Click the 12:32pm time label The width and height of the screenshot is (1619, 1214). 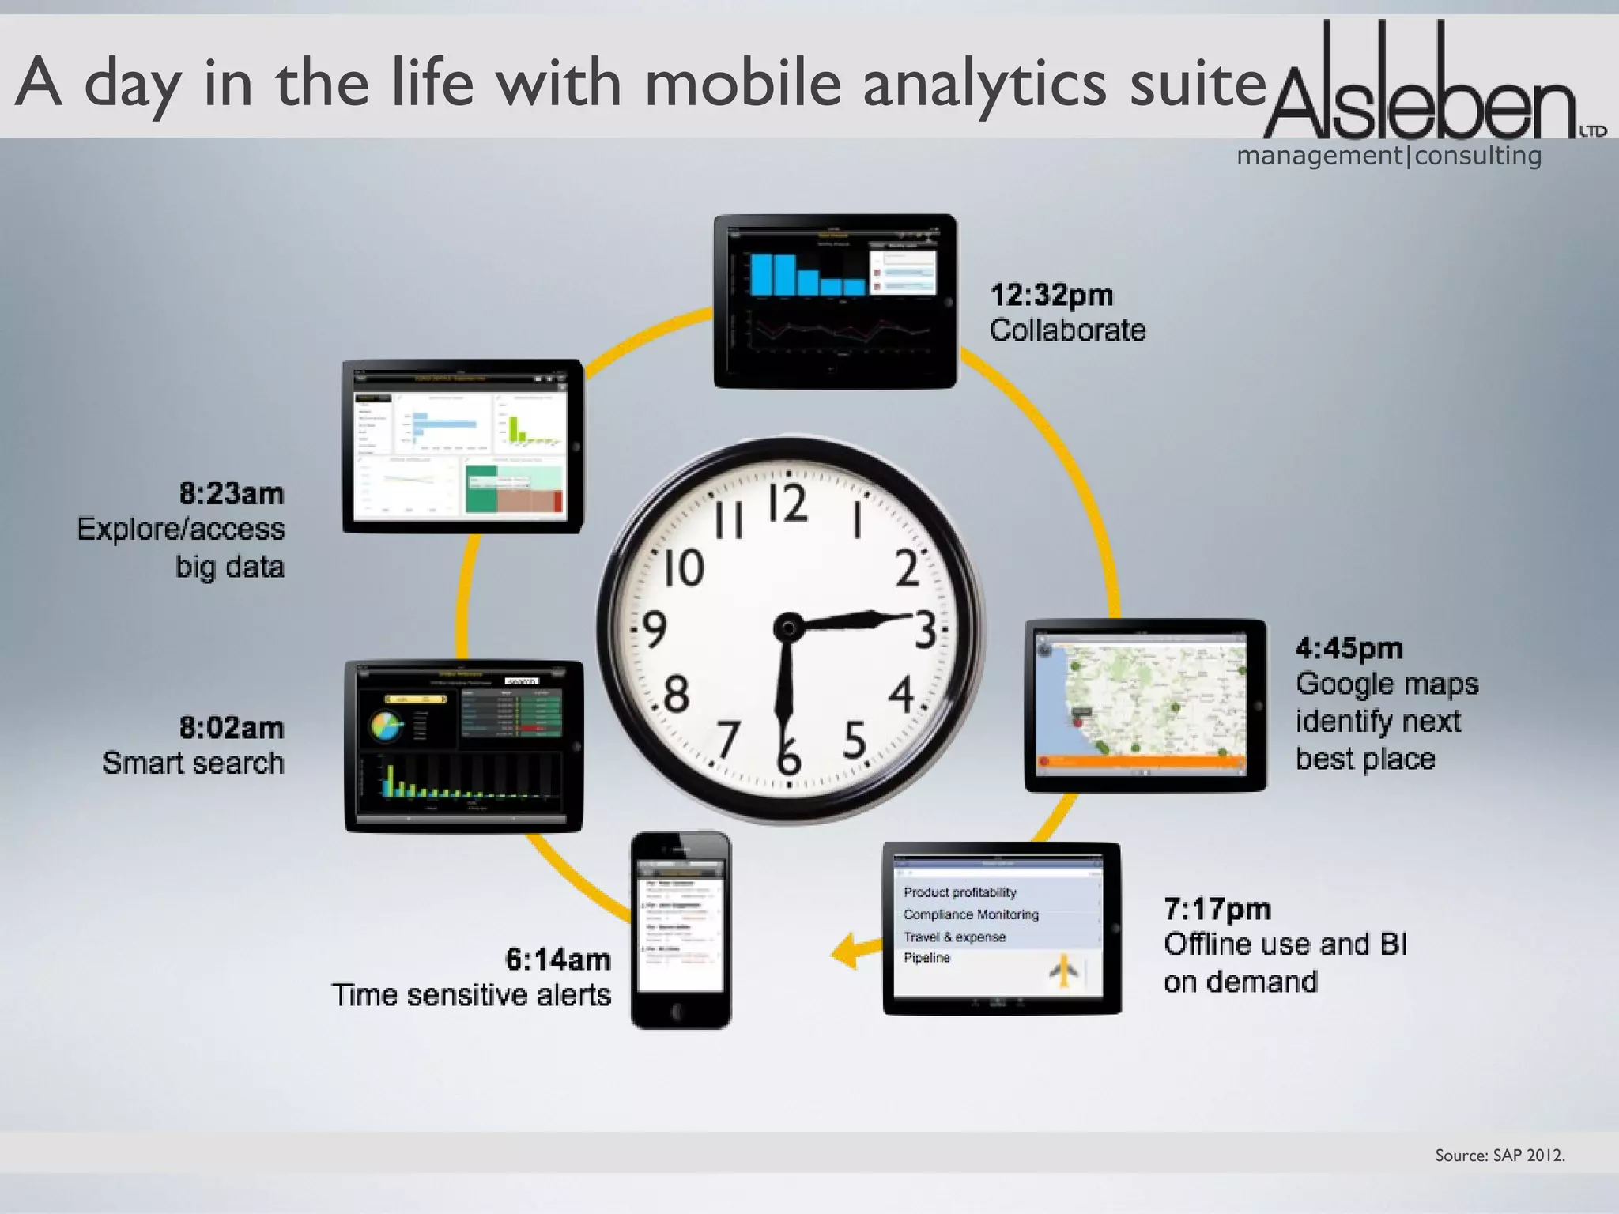tap(1051, 295)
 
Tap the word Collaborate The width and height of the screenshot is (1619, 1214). tap(1067, 330)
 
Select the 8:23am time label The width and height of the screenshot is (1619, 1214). tap(231, 493)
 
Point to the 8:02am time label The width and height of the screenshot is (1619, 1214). tap(231, 727)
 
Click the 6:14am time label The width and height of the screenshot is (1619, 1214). tap(557, 960)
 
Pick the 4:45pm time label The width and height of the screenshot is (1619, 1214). tap(1349, 648)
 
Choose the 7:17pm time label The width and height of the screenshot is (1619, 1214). tap(1217, 909)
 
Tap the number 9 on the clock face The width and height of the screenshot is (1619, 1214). tap(654, 630)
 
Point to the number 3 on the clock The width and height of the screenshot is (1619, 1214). tap(924, 631)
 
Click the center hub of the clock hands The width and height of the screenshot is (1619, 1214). tap(788, 629)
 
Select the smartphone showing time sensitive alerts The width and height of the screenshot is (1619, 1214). tap(681, 929)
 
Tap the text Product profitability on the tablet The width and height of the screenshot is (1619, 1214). tap(959, 892)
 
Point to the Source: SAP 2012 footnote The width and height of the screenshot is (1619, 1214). tap(1500, 1156)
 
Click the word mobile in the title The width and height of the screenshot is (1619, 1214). tap(742, 84)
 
